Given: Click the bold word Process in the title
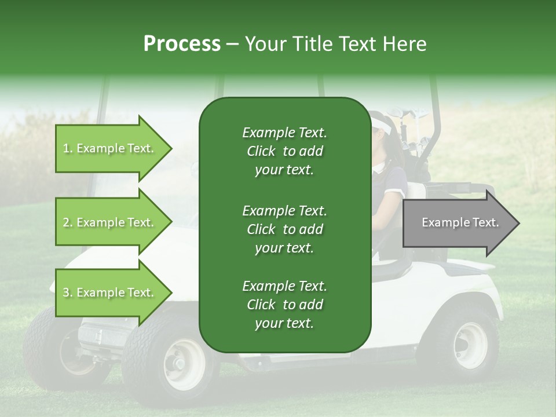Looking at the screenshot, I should (182, 43).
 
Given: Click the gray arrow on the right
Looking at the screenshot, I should (460, 223).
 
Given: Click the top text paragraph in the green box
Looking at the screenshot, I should (284, 151).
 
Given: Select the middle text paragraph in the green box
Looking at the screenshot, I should (284, 229).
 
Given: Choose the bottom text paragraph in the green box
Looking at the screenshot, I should (284, 305).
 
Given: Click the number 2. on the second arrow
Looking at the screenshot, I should (68, 222).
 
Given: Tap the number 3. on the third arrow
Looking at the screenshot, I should (68, 292).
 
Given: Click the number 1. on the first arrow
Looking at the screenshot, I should (68, 148).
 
